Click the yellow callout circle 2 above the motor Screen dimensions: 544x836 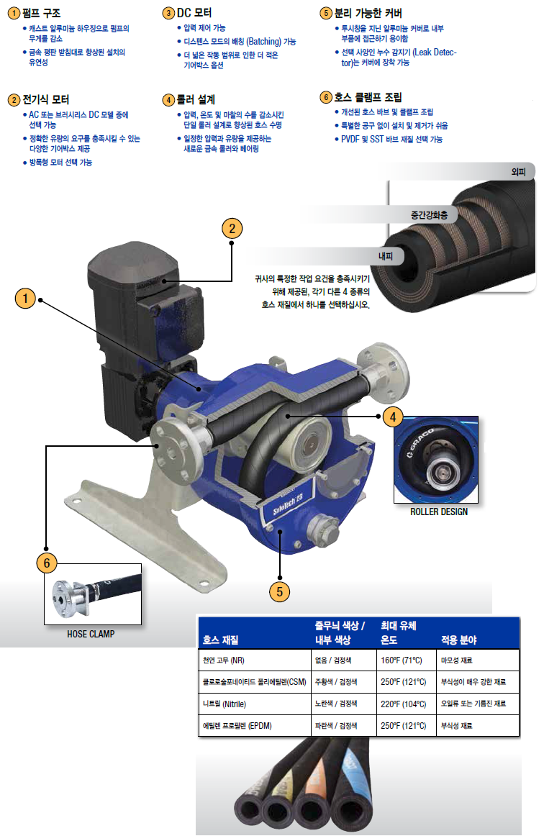(x=232, y=229)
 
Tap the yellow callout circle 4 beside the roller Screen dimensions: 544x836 (x=393, y=417)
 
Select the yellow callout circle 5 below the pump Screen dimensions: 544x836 (x=279, y=591)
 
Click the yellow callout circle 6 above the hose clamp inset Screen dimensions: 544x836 (x=47, y=563)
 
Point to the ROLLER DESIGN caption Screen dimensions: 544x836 (x=439, y=512)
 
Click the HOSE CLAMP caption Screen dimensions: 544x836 (x=91, y=634)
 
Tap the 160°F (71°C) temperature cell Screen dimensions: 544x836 (x=401, y=660)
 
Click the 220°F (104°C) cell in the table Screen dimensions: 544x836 (x=403, y=704)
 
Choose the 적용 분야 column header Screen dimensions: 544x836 (x=458, y=640)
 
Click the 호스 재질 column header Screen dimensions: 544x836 (x=220, y=640)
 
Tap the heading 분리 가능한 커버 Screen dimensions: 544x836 (x=368, y=13)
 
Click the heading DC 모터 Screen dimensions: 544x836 (x=194, y=13)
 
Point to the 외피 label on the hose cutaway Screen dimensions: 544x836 (x=518, y=172)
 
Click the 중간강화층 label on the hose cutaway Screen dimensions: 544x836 (x=430, y=215)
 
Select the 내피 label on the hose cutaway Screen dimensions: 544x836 (x=386, y=256)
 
